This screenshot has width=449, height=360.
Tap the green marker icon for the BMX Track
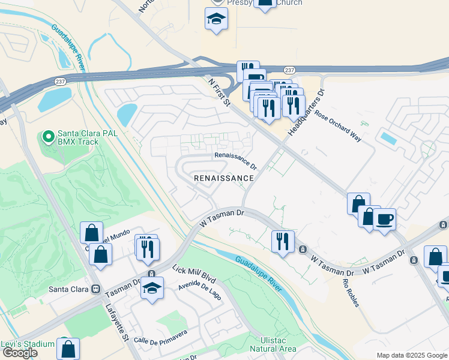pyautogui.click(x=48, y=137)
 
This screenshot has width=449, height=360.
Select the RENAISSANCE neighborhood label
pyautogui.click(x=224, y=178)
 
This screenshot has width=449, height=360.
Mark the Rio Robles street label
pyautogui.click(x=351, y=293)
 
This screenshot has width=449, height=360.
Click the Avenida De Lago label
pyautogui.click(x=202, y=292)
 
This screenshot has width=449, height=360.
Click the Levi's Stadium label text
pyautogui.click(x=28, y=344)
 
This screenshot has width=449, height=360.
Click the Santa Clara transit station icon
pyautogui.click(x=95, y=289)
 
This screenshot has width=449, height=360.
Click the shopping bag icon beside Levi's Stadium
pyautogui.click(x=68, y=348)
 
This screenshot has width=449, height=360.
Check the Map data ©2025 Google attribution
pyautogui.click(x=412, y=355)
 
